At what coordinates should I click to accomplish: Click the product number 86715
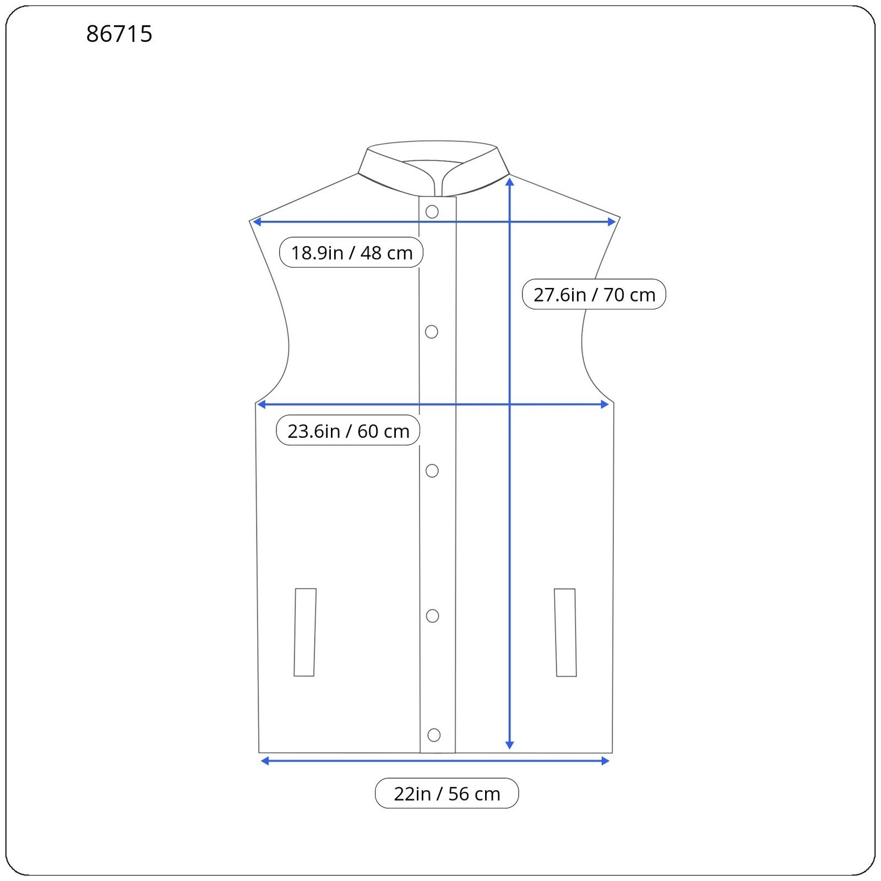click(119, 34)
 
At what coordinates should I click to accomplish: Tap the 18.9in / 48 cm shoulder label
click(351, 253)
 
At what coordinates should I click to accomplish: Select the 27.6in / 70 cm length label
click(594, 295)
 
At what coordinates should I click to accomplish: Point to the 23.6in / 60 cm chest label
click(348, 431)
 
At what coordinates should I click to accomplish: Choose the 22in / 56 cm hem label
click(447, 793)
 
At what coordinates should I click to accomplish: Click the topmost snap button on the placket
click(432, 211)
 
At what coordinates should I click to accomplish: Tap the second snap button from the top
click(432, 331)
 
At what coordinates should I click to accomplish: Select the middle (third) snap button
click(432, 471)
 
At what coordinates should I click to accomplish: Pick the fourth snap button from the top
click(433, 616)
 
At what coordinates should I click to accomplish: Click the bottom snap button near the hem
click(434, 735)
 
